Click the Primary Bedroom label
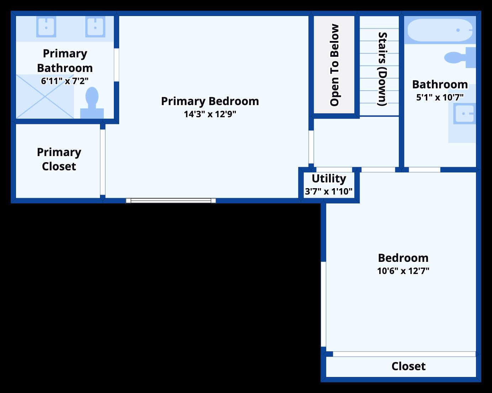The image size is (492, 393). tap(210, 102)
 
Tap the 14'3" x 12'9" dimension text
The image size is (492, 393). tap(210, 114)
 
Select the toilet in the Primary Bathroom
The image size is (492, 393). tap(92, 103)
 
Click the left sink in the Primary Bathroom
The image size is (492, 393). tap(46, 27)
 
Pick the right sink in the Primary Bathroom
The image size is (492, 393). tap(95, 27)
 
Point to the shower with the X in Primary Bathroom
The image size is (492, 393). tap(45, 97)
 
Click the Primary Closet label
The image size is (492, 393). tap(59, 159)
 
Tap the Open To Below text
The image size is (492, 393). tap(334, 65)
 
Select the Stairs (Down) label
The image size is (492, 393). tap(382, 69)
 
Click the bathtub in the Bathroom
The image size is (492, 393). tap(440, 30)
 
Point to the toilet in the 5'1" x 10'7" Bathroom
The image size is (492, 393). tap(460, 57)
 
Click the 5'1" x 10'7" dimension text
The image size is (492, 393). tap(440, 98)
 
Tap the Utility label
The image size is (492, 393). tap(329, 179)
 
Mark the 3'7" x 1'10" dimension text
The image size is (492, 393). tap(328, 191)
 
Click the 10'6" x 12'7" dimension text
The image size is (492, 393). tap(403, 271)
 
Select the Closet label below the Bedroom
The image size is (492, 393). tap(408, 366)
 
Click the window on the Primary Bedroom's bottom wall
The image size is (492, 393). tap(171, 201)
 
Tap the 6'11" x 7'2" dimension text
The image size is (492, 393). tap(65, 81)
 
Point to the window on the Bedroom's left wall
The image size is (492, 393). tap(323, 304)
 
